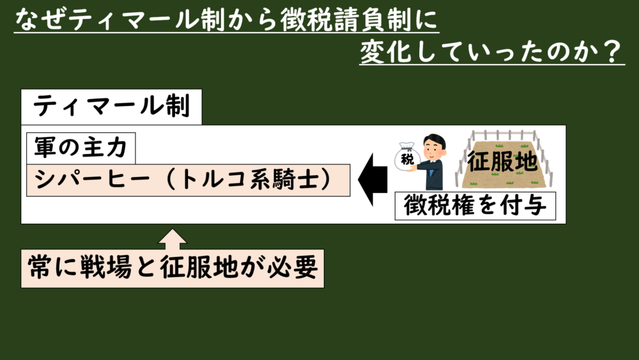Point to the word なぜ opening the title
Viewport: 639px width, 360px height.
(38, 21)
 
